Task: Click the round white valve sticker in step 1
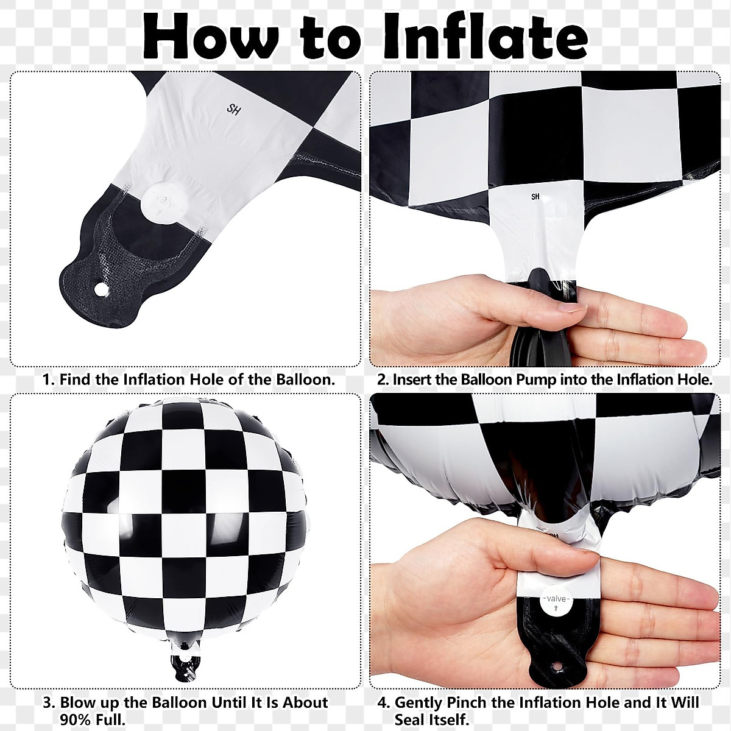click(160, 203)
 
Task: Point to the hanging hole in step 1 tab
click(100, 288)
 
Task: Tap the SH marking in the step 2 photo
click(535, 197)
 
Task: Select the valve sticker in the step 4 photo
click(556, 601)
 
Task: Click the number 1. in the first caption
click(49, 380)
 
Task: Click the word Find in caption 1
click(76, 380)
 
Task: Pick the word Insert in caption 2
click(412, 380)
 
